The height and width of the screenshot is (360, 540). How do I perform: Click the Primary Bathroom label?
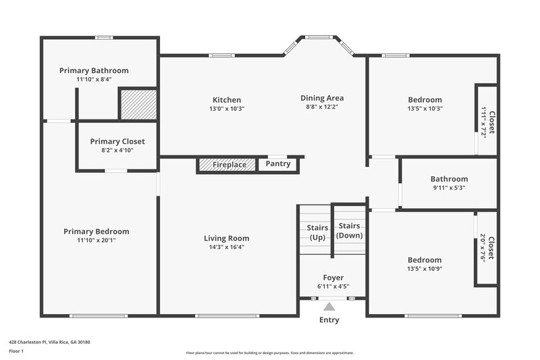(x=94, y=70)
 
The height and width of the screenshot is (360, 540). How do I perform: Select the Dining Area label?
(x=322, y=98)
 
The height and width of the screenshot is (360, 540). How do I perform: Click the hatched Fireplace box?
(x=227, y=164)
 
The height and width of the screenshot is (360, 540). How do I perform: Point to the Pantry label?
(x=278, y=163)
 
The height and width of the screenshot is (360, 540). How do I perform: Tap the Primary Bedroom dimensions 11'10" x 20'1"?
(x=96, y=240)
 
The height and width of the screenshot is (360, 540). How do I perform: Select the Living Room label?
(x=226, y=238)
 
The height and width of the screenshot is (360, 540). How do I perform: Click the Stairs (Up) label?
(x=317, y=232)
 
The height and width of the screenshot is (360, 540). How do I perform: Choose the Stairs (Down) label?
(x=350, y=230)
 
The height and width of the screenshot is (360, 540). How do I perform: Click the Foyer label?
(x=333, y=278)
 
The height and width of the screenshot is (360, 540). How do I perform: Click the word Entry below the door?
(x=329, y=319)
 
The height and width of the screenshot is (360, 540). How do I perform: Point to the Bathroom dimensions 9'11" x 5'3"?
(x=449, y=188)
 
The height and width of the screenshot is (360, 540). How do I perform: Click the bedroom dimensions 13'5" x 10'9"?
(x=425, y=268)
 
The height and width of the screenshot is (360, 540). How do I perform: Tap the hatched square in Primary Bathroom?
(x=138, y=104)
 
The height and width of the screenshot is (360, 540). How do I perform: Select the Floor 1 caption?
(x=16, y=351)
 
